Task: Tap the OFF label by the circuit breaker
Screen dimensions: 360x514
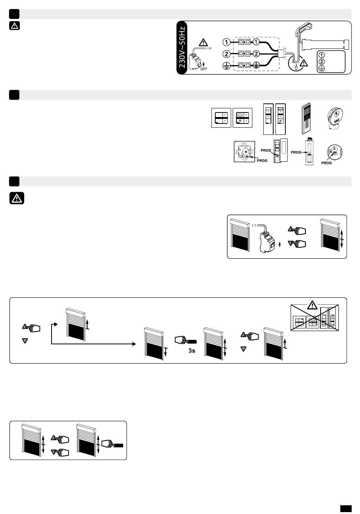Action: coord(203,69)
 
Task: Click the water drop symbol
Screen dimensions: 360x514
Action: coord(296,67)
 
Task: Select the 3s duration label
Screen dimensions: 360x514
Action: coord(192,351)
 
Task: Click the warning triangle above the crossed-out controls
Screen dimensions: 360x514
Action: coord(312,305)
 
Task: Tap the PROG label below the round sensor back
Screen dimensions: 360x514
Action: coord(327,163)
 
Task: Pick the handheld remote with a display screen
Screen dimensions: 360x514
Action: coord(307,119)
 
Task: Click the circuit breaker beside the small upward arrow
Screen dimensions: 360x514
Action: coord(267,242)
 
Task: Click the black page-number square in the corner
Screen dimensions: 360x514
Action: coord(346,508)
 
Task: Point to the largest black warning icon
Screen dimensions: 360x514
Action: coord(17,198)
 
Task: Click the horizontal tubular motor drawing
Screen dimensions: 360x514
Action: coord(326,44)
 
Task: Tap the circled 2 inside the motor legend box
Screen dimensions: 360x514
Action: coord(322,61)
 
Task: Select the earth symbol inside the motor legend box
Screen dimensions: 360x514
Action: coord(322,68)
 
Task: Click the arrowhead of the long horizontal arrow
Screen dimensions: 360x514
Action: coord(134,344)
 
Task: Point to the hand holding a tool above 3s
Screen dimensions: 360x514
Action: coord(186,340)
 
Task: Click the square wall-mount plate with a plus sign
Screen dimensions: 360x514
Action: coord(244,152)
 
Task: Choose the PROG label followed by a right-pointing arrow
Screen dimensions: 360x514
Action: coord(296,152)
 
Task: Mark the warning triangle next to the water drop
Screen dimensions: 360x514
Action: coord(304,62)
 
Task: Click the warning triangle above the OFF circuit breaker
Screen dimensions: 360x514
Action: coord(203,42)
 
